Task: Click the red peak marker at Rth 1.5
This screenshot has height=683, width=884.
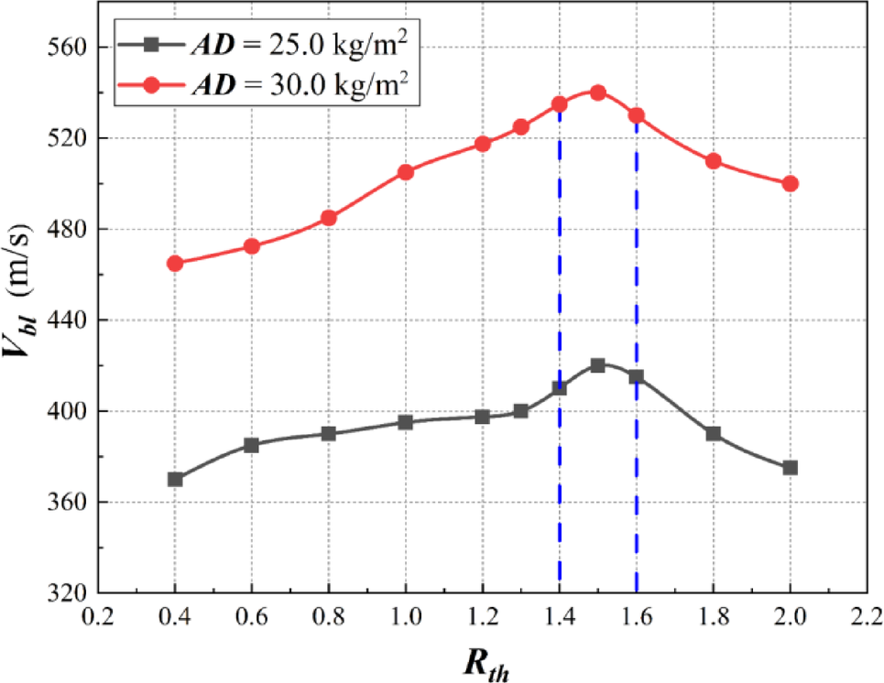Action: click(597, 92)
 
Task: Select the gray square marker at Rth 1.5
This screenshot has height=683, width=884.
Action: click(597, 365)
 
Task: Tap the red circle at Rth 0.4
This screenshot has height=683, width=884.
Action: click(175, 264)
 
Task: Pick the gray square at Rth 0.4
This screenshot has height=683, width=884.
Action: click(175, 479)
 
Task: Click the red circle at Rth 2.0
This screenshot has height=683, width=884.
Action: click(790, 183)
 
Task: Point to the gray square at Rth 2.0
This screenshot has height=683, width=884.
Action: click(790, 468)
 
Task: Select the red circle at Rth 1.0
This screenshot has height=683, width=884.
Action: click(405, 172)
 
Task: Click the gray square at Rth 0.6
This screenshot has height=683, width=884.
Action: click(252, 445)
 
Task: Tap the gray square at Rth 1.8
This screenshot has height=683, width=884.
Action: click(713, 434)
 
